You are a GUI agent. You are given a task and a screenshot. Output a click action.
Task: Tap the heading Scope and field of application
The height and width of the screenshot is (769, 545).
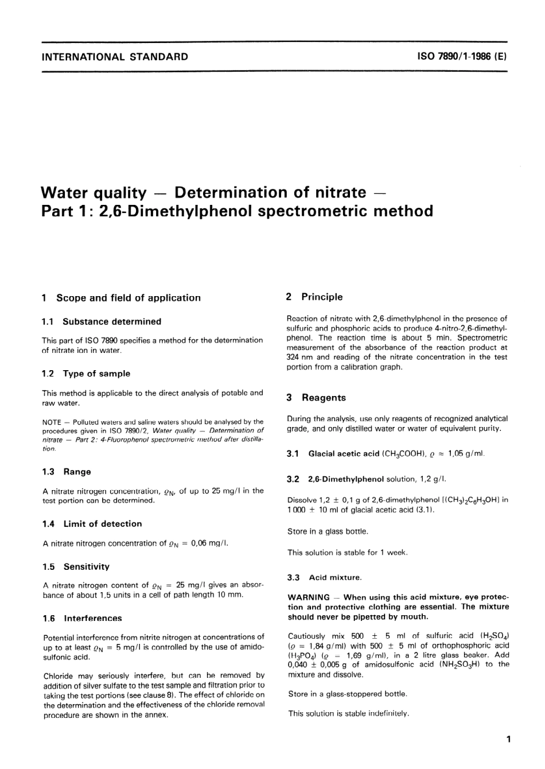[129, 298]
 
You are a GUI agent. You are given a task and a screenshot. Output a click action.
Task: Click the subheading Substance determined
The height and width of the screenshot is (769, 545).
[112, 322]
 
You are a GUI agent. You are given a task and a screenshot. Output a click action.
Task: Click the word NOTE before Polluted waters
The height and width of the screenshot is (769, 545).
[53, 422]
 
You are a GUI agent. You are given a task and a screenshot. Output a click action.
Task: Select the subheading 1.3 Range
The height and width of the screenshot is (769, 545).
[67, 472]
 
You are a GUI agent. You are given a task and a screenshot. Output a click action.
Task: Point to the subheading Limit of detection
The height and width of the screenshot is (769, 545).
[103, 524]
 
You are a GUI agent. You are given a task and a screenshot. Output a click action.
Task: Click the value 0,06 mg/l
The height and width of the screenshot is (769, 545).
[208, 543]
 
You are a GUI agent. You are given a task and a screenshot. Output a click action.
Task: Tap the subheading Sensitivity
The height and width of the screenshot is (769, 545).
[87, 567]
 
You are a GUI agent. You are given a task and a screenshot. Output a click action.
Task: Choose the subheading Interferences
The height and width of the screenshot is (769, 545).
[93, 619]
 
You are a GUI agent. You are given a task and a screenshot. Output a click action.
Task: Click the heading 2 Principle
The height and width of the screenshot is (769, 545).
[314, 297]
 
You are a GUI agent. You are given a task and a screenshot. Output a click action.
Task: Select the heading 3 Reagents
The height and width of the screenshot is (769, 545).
[316, 398]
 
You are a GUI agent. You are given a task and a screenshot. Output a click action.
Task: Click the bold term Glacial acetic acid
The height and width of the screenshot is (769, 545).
[344, 454]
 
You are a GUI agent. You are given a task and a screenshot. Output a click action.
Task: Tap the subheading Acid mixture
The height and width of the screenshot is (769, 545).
[335, 577]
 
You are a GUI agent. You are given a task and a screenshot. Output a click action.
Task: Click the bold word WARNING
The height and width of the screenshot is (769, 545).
[309, 597]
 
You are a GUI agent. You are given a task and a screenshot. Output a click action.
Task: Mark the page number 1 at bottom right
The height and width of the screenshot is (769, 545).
[507, 739]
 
